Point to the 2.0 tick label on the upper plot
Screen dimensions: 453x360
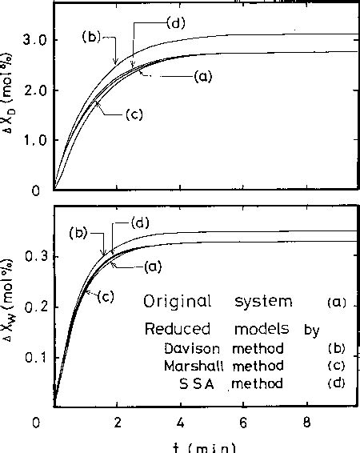[x=37, y=90]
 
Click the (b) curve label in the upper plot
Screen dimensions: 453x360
[x=90, y=37]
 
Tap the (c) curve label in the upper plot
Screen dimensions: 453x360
[x=134, y=115]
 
